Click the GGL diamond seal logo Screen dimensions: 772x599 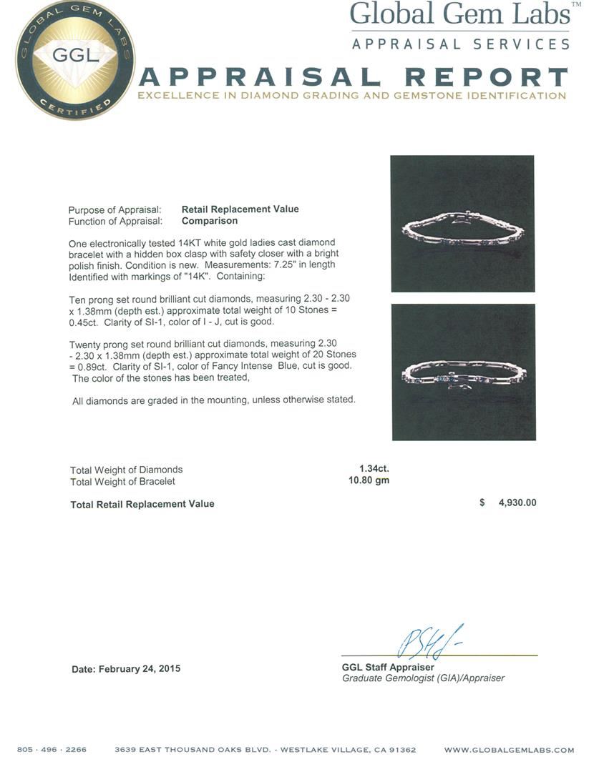(74, 60)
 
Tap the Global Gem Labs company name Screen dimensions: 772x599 (459, 14)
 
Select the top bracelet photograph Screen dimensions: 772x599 (462, 223)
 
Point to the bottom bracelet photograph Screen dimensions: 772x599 (463, 372)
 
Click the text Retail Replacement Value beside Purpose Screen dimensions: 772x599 (240, 209)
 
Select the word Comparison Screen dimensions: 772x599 (210, 221)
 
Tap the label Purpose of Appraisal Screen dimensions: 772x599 (115, 209)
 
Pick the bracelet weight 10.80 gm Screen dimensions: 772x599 (369, 480)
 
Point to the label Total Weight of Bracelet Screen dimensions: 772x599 (122, 481)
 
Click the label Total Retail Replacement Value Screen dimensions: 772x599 (142, 504)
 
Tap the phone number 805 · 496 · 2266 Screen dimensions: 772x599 (52, 750)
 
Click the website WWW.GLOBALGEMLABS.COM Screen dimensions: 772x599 (509, 750)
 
